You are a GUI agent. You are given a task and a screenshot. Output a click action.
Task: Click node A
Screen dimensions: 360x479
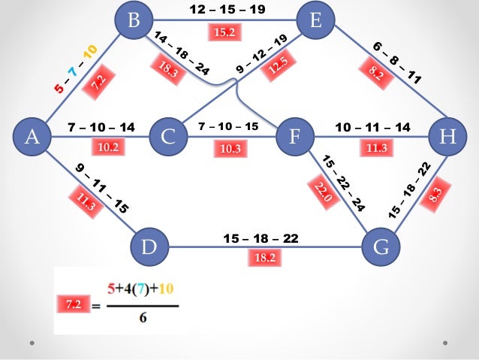pyautogui.click(x=31, y=137)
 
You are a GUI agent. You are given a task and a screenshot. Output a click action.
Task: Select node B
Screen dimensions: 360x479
pyautogui.click(x=134, y=20)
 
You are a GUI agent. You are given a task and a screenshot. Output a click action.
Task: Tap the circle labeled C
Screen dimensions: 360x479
pyautogui.click(x=167, y=137)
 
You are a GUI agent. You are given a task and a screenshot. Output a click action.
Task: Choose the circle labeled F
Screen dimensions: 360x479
pyautogui.click(x=294, y=137)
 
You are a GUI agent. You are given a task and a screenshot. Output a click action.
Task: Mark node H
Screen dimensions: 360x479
pyautogui.click(x=447, y=137)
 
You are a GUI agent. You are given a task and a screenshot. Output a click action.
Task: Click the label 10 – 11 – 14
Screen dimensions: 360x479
pyautogui.click(x=372, y=127)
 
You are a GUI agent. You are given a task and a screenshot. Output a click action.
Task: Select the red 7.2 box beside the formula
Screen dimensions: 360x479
pyautogui.click(x=74, y=305)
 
